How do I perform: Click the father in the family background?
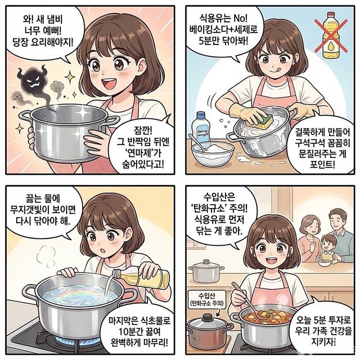[x=337, y=223]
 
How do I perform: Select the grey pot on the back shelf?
[x=206, y=272]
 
